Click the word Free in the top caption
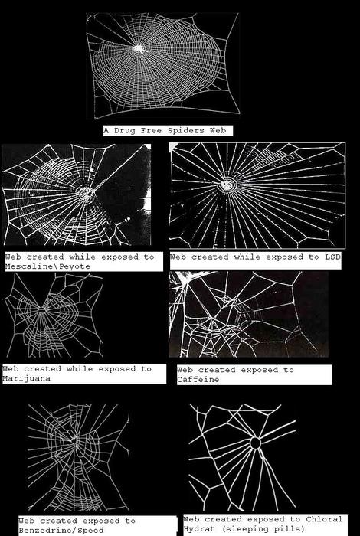151,131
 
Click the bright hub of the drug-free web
139,49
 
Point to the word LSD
332,257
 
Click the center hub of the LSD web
226,185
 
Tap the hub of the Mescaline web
85,191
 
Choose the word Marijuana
26,378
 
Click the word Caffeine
198,380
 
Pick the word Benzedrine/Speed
61,531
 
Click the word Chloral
324,519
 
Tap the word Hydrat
199,529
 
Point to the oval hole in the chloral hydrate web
255,443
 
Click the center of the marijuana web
41,310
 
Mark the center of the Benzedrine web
74,440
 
